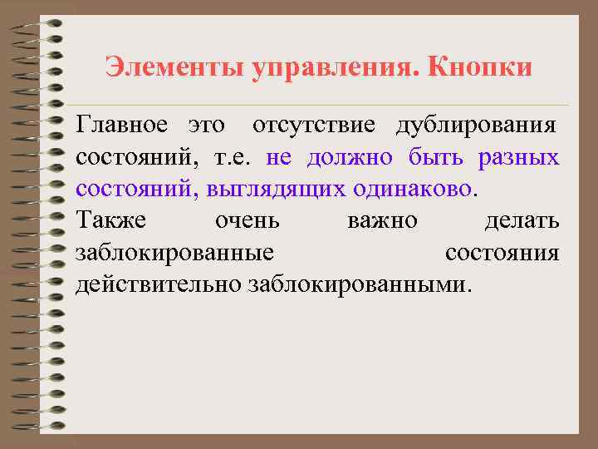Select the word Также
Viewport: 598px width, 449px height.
[111, 221]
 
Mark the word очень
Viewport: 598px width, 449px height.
[247, 222]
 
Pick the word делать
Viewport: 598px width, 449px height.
[522, 221]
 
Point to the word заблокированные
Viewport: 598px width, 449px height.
[175, 254]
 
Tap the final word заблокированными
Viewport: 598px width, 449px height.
[358, 285]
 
